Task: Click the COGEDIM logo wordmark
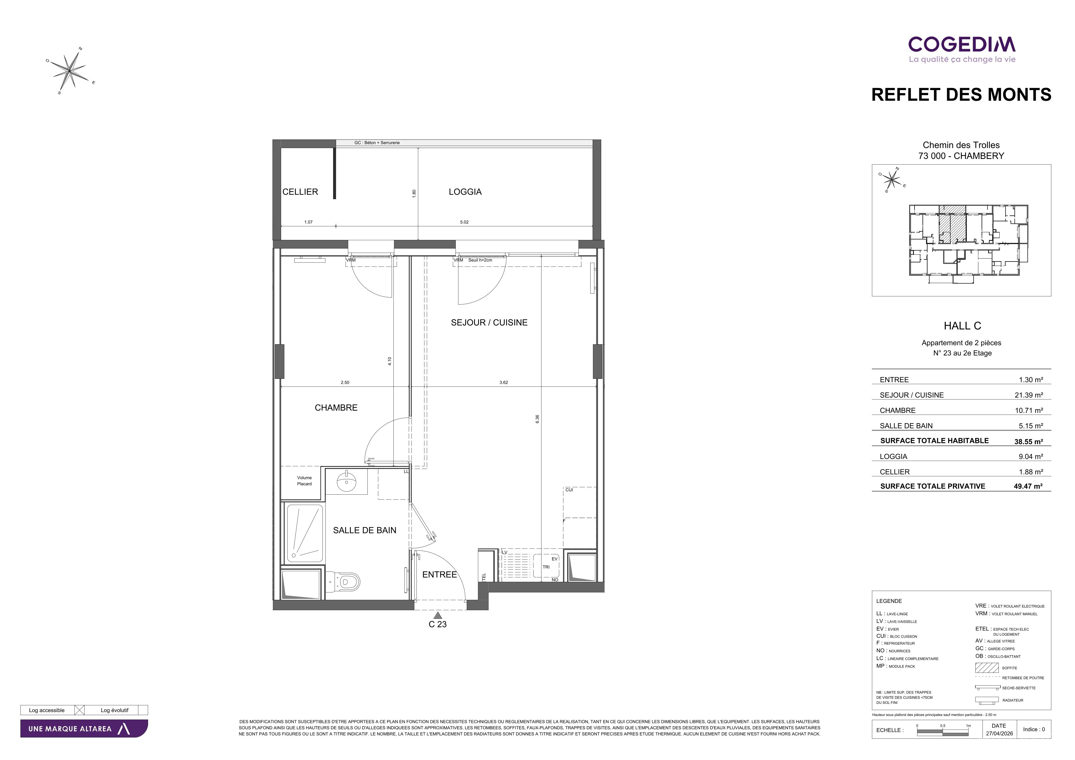click(962, 44)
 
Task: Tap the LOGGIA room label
click(465, 192)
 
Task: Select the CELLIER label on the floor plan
click(300, 192)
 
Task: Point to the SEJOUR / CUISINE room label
click(489, 322)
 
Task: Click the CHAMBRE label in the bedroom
click(336, 407)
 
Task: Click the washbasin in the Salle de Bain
click(346, 482)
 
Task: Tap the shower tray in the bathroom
click(305, 533)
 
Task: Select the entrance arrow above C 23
click(438, 616)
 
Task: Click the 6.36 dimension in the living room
click(537, 419)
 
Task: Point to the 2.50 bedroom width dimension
click(345, 382)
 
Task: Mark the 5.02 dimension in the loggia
click(464, 222)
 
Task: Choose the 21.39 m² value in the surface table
click(1029, 395)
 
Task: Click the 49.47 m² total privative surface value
click(1028, 486)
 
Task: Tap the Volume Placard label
click(304, 481)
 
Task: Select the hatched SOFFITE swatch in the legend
click(987, 667)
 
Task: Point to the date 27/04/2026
click(999, 733)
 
